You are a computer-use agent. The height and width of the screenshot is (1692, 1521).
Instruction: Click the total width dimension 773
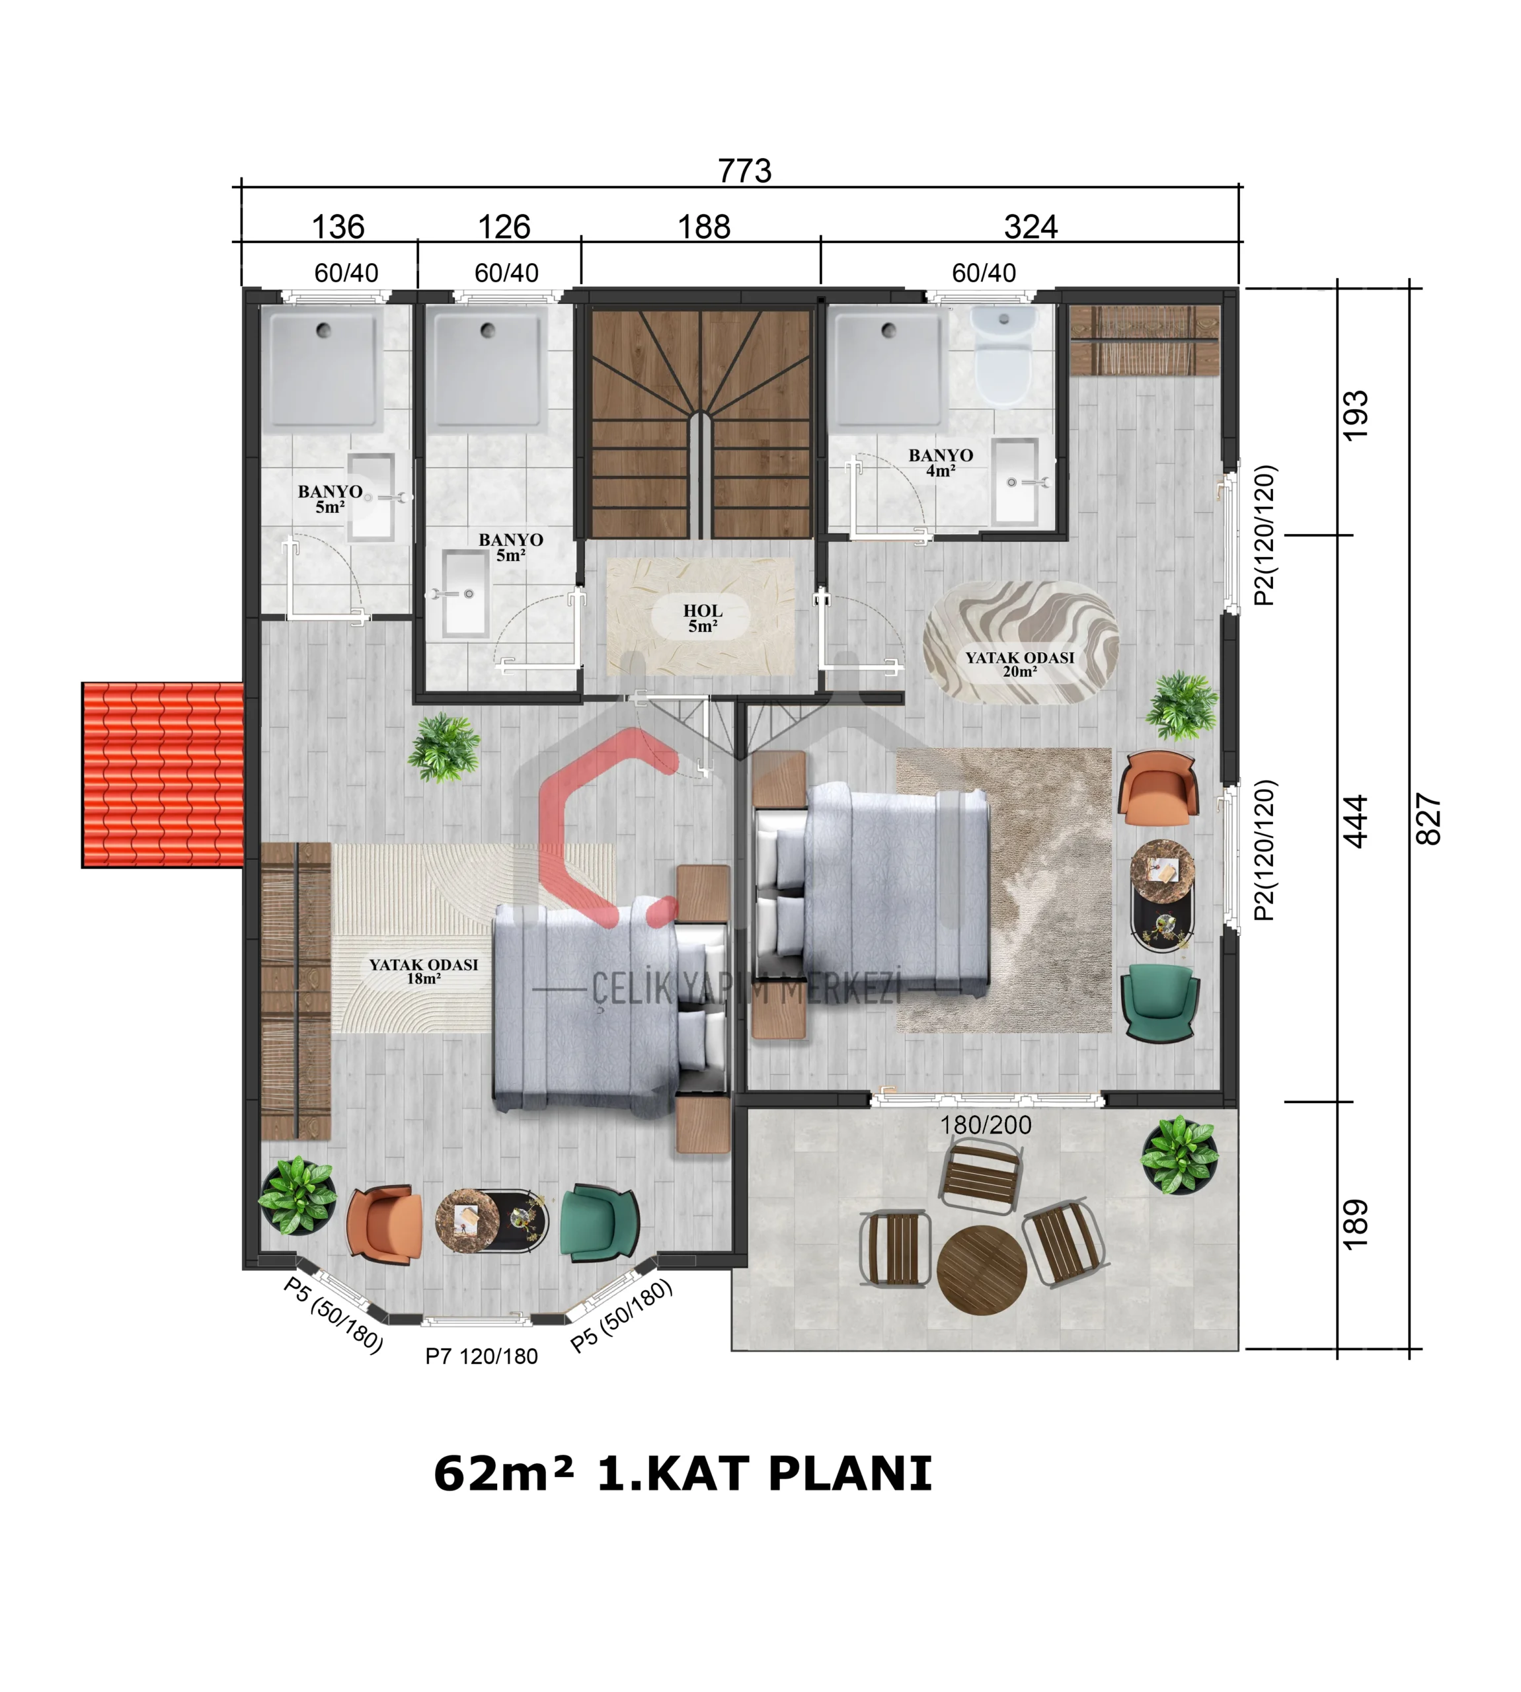click(x=744, y=171)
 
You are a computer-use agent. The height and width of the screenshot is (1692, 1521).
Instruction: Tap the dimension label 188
click(x=704, y=227)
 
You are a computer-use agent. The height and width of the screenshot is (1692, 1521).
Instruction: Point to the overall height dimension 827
click(x=1429, y=819)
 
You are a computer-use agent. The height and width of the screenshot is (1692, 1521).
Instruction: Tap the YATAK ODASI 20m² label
click(x=1019, y=664)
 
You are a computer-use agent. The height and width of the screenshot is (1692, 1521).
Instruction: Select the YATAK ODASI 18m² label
click(x=424, y=971)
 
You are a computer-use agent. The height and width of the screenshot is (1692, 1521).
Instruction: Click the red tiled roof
click(x=163, y=775)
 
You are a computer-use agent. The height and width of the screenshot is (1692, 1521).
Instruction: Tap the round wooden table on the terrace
click(x=982, y=1271)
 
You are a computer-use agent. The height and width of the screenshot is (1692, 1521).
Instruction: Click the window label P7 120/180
click(x=481, y=1356)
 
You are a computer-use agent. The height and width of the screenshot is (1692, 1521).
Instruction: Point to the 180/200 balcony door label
click(x=986, y=1126)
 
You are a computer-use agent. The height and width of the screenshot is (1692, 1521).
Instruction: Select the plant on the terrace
click(x=1179, y=1155)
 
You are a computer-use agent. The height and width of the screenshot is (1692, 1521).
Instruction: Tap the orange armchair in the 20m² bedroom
click(x=1158, y=788)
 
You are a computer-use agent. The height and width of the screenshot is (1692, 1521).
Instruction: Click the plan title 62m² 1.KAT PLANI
click(x=683, y=1473)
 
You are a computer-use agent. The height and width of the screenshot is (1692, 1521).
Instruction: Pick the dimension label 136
click(x=338, y=227)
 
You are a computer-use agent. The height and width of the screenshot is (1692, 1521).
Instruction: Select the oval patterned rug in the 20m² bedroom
click(x=1021, y=642)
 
